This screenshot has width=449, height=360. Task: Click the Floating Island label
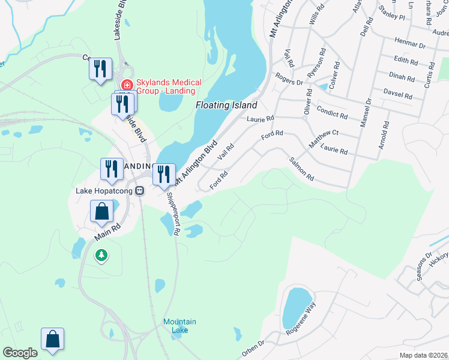226,105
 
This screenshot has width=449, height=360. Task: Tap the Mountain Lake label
179,326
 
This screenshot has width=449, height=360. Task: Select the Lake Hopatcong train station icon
140,191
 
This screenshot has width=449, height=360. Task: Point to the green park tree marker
101,256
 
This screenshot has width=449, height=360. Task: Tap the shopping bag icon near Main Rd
101,212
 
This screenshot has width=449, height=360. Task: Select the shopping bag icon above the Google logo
53,339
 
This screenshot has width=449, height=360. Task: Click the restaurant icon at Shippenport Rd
164,175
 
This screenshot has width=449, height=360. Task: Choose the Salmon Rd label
301,169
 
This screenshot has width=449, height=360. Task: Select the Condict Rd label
332,112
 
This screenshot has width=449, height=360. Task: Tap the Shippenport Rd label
172,214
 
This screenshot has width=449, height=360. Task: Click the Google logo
20,353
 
